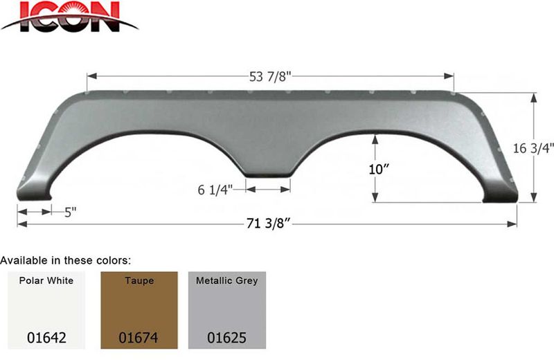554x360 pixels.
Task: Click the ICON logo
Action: pyautogui.click(x=69, y=17)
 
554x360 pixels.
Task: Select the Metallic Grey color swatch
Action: pyautogui.click(x=227, y=310)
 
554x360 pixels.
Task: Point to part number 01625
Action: pyautogui.click(x=227, y=339)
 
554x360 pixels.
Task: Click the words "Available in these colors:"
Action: pyautogui.click(x=66, y=260)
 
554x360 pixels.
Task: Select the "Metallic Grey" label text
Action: pyautogui.click(x=227, y=281)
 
